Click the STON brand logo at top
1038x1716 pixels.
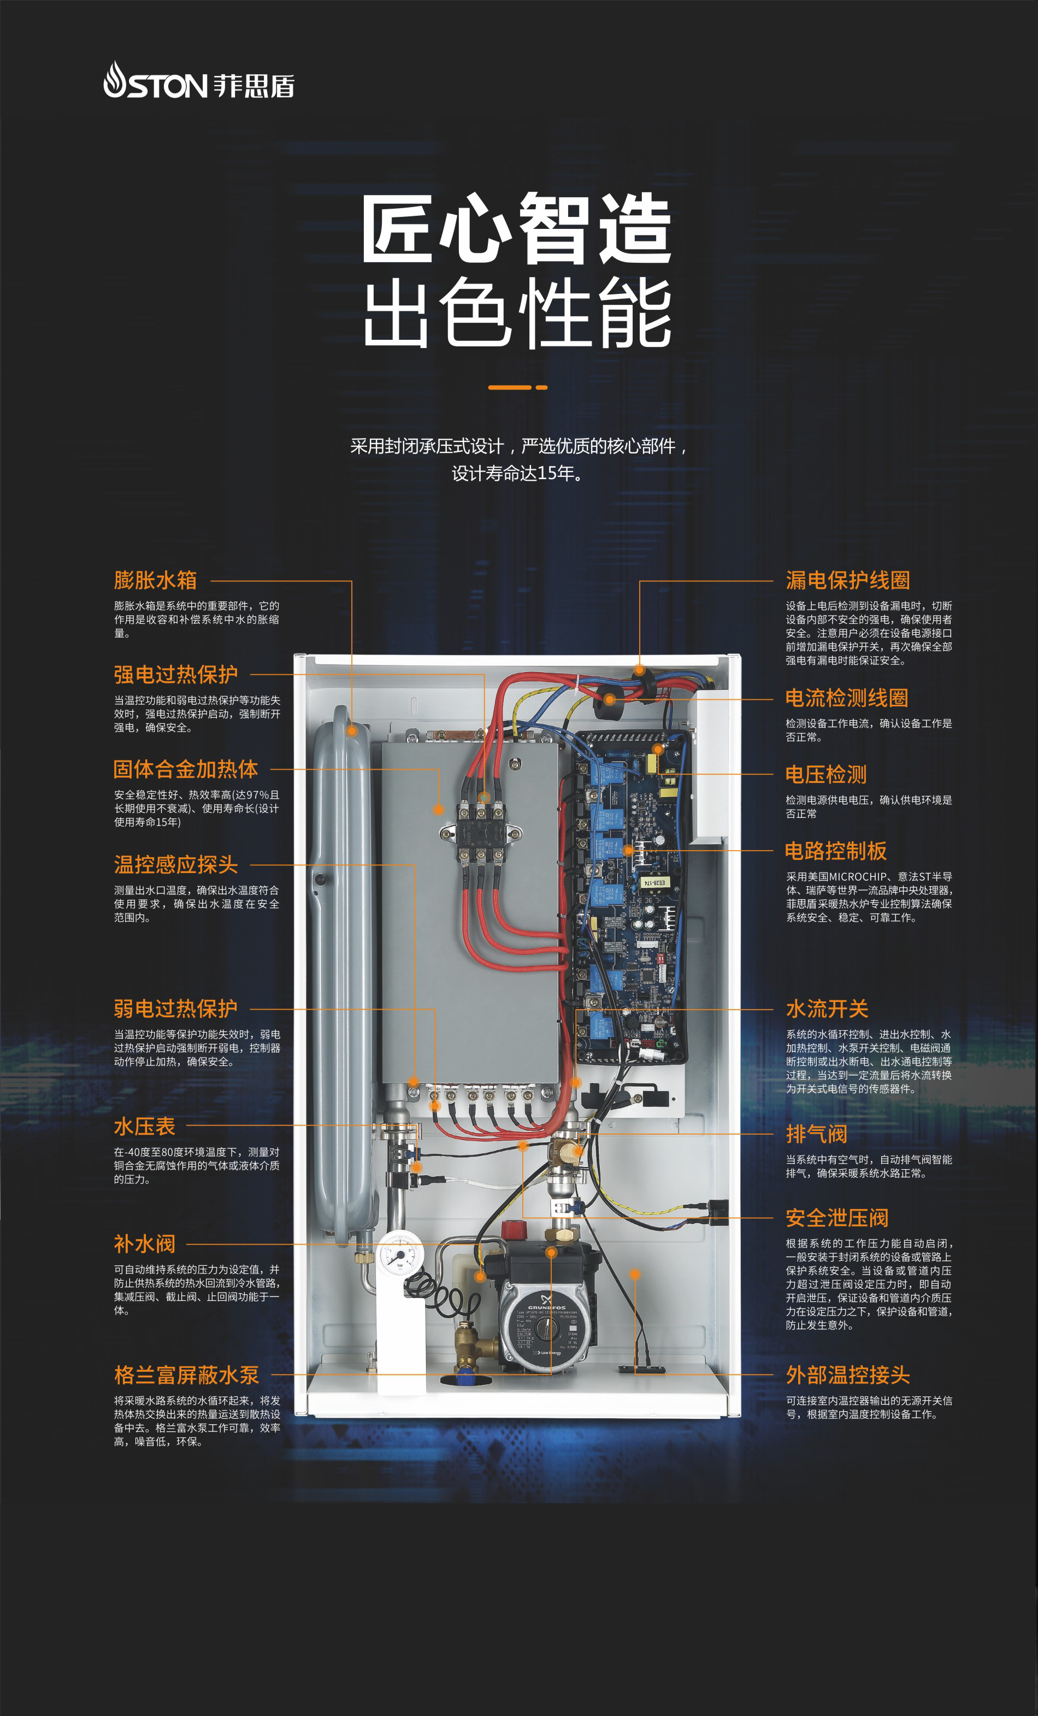click(199, 81)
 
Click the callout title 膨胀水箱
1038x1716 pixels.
click(155, 580)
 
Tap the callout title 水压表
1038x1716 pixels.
click(145, 1126)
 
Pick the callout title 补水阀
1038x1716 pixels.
click(145, 1244)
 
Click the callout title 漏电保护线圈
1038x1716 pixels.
click(848, 580)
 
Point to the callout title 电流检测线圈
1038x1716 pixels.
click(847, 698)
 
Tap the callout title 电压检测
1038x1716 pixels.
click(826, 775)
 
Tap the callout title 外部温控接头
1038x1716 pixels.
click(848, 1375)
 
